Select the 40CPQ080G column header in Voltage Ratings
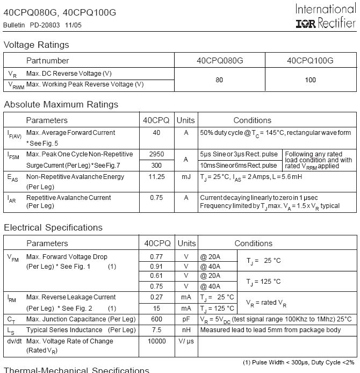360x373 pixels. (x=220, y=61)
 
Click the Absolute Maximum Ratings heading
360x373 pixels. (x=61, y=104)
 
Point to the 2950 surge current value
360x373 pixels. (x=156, y=154)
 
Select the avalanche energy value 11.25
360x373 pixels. (x=156, y=176)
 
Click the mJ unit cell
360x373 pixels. (x=186, y=176)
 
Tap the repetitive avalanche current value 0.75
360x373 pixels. (x=156, y=198)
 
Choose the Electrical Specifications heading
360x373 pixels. (x=53, y=227)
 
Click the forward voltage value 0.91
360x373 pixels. (x=156, y=267)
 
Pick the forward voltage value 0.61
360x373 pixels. (x=156, y=276)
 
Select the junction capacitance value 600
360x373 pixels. (x=156, y=319)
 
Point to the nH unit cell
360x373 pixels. (x=186, y=330)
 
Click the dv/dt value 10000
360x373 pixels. (x=156, y=341)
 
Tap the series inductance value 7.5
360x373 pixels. (x=156, y=330)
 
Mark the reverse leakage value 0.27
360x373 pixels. (x=156, y=297)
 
